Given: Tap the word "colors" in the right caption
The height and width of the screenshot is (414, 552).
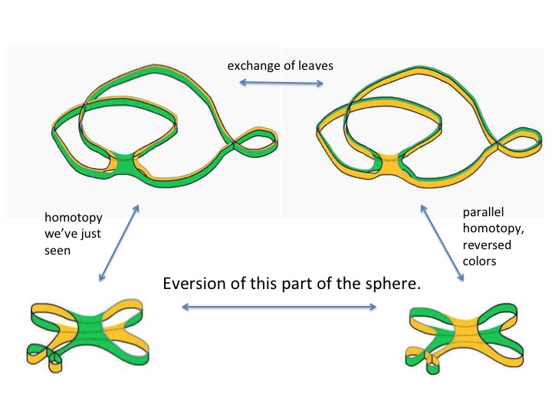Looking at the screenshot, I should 480,261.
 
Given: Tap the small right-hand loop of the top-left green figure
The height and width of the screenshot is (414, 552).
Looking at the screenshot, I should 257,141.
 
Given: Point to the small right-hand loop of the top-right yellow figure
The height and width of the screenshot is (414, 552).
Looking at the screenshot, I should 519,141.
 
